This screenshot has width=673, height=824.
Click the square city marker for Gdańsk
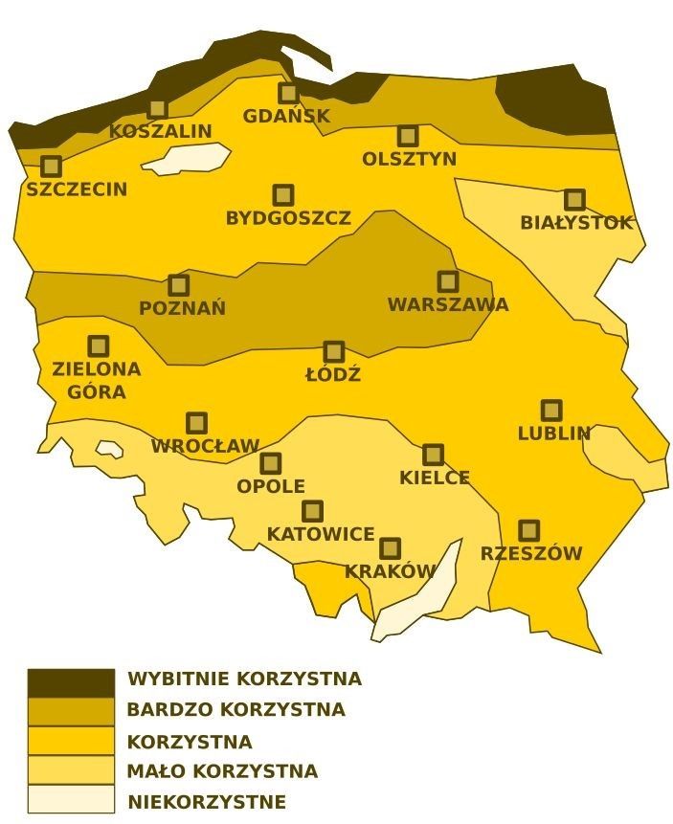pos(288,93)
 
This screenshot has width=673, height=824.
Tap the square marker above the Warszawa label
pos(448,281)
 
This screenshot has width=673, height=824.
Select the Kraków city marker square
pos(390,548)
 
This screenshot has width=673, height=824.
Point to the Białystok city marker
pos(574,199)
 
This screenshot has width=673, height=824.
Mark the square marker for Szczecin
pos(52,167)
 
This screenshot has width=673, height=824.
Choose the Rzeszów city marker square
pos(528,530)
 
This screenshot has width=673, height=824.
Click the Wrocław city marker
pos(196,423)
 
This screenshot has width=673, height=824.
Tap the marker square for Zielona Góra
pos(99,345)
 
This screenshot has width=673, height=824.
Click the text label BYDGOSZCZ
pos(288,219)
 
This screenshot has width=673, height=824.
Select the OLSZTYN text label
pos(410,160)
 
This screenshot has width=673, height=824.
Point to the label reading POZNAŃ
pos(183,309)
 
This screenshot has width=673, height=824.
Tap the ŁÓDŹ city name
pos(333,375)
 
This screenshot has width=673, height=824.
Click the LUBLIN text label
pos(554,434)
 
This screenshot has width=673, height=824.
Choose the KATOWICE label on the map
pos(321,535)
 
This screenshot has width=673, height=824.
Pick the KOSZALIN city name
pos(160,132)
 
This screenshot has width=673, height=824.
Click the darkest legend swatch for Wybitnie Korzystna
pos(71,683)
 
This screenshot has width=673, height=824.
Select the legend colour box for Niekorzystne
pos(71,799)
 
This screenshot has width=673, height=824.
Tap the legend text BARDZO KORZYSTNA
pos(236,710)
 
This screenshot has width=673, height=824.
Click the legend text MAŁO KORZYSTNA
pos(222,771)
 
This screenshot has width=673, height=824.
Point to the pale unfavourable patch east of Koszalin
pos(191,158)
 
